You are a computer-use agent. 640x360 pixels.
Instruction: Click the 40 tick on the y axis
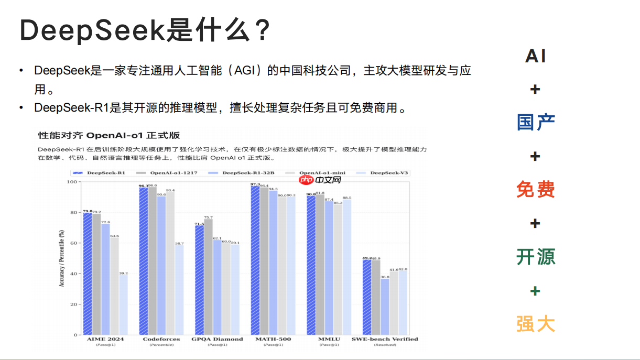tap(73, 274)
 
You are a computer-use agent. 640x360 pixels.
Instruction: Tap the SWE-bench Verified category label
tap(385, 339)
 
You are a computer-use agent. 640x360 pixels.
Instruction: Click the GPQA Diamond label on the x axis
tap(217, 339)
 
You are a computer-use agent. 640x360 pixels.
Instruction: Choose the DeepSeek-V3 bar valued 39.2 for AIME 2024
tap(124, 305)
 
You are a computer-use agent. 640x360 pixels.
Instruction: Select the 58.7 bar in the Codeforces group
tap(179, 290)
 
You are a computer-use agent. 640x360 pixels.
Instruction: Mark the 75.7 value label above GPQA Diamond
tap(208, 217)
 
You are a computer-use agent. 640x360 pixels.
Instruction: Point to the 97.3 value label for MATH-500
tap(255, 184)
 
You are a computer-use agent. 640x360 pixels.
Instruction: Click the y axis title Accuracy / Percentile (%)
tap(62, 258)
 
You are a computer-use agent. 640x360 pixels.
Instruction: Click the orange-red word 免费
tap(535, 189)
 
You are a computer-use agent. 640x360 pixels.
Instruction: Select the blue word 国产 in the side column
tap(535, 122)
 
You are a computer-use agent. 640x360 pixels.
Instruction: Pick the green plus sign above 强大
tap(535, 291)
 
